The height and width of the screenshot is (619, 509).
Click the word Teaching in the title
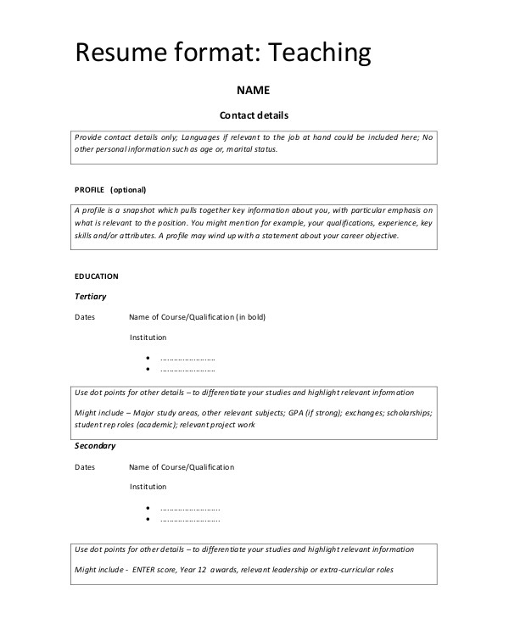pyautogui.click(x=320, y=53)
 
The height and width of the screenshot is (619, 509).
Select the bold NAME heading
pyautogui.click(x=253, y=90)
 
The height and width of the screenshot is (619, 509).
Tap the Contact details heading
pyautogui.click(x=255, y=115)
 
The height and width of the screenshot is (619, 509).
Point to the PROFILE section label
pyautogui.click(x=89, y=189)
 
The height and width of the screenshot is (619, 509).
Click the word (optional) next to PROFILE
pyautogui.click(x=128, y=189)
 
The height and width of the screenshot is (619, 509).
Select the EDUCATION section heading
pyautogui.click(x=97, y=276)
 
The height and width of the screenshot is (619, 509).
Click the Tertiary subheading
pyautogui.click(x=91, y=296)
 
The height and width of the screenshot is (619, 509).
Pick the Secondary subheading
pyautogui.click(x=95, y=445)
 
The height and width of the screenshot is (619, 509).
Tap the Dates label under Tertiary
pyautogui.click(x=85, y=317)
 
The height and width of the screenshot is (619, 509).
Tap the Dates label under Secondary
pyautogui.click(x=85, y=467)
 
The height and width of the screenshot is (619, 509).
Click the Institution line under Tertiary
pyautogui.click(x=148, y=337)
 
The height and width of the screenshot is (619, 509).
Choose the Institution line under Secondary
pyautogui.click(x=148, y=487)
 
